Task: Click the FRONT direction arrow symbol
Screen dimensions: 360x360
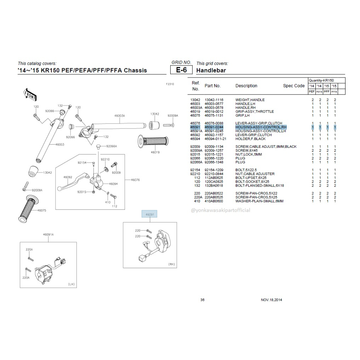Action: (x=29, y=94)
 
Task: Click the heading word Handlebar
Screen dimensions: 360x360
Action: (x=211, y=70)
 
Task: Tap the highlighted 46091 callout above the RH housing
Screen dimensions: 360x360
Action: (x=149, y=215)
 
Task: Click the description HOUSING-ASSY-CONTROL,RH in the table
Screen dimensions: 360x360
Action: (x=261, y=127)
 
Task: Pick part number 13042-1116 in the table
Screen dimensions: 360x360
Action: (x=215, y=100)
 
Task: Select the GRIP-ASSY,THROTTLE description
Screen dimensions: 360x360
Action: (x=255, y=112)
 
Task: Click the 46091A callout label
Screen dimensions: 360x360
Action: (x=48, y=234)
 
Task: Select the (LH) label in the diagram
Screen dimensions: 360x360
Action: (x=71, y=284)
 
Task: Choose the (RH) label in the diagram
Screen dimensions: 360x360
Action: (x=171, y=264)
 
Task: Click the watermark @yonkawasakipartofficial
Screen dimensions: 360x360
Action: (x=220, y=210)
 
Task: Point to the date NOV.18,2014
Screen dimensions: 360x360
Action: (x=272, y=300)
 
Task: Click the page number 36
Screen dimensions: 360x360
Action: (x=202, y=300)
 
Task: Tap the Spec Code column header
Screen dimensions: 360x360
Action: (x=293, y=86)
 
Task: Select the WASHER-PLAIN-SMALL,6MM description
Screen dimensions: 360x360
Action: (x=259, y=201)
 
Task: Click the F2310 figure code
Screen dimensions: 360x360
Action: (x=170, y=84)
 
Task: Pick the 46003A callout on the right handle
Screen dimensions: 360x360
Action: (x=120, y=115)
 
